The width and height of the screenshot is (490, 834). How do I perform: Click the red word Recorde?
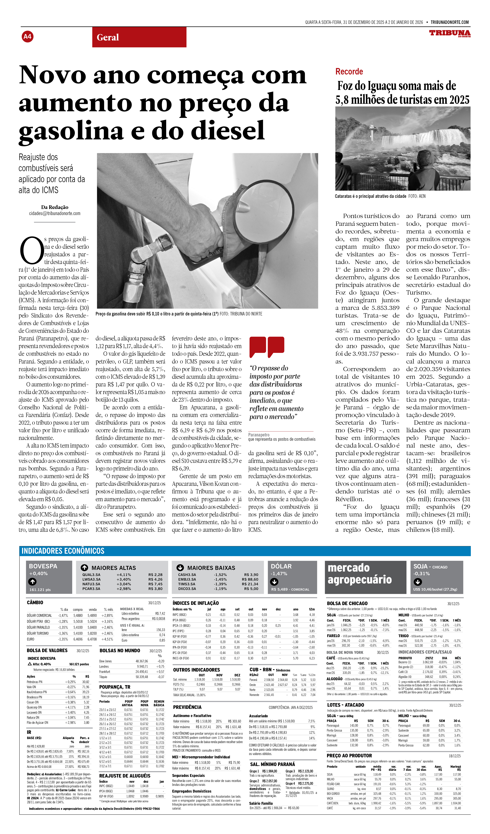[349, 72]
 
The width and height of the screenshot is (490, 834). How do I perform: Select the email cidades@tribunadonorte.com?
[55, 213]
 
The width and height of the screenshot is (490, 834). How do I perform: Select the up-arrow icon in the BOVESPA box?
[32, 582]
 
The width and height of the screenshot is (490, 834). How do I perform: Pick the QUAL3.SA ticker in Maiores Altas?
[91, 575]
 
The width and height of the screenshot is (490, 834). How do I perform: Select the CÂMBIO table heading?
[35, 603]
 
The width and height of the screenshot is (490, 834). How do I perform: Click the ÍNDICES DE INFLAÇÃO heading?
[196, 603]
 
